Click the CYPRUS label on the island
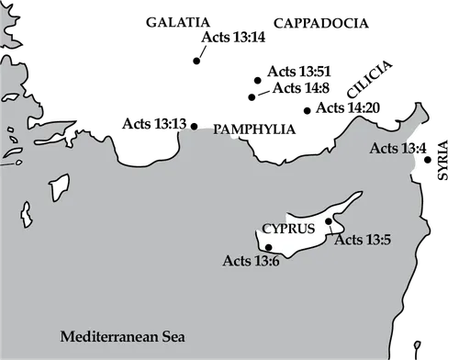coord(288,228)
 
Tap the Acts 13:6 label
coord(251,261)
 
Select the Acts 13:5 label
coord(363,241)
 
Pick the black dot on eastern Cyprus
coord(328,221)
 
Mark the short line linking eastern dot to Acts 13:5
coord(332,229)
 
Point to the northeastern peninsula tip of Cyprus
coord(360,194)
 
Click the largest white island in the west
coord(61,187)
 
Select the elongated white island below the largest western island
coord(28,216)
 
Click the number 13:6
coord(264,261)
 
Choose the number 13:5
coord(377,241)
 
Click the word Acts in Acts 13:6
coord(236,261)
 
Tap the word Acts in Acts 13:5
coord(348,241)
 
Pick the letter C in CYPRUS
coord(267,228)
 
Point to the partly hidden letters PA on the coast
coord(221,130)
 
